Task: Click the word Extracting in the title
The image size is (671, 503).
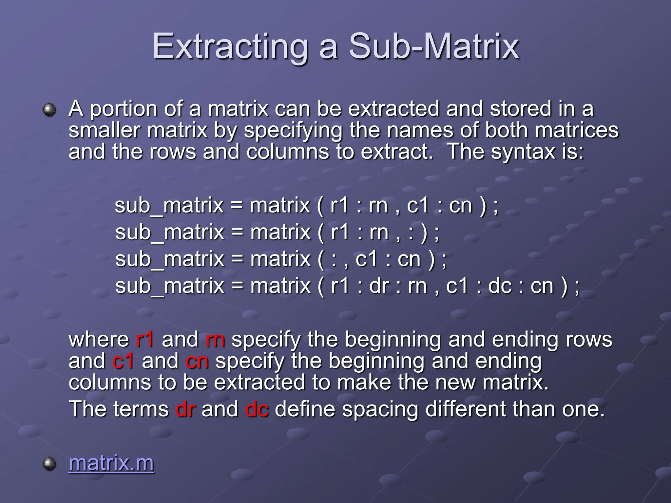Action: [x=230, y=47]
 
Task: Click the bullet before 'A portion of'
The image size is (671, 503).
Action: [x=49, y=109]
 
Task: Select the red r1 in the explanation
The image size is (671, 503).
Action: [x=144, y=339]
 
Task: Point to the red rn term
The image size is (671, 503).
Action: [x=215, y=339]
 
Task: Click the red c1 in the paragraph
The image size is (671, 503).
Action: [x=123, y=361]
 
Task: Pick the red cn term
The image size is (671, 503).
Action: [x=197, y=361]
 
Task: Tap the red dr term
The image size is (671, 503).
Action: [x=185, y=409]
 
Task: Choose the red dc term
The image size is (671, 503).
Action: [x=257, y=409]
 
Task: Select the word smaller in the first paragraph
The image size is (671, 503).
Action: [x=105, y=130]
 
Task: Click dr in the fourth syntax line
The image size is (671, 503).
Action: [x=379, y=286]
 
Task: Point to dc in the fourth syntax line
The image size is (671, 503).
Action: [x=500, y=286]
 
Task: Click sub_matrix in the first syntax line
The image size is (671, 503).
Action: [x=169, y=206]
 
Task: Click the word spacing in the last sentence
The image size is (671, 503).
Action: [x=380, y=410]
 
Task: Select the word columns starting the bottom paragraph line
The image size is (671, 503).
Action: [x=110, y=382]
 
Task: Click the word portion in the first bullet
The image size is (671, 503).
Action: [x=123, y=109]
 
